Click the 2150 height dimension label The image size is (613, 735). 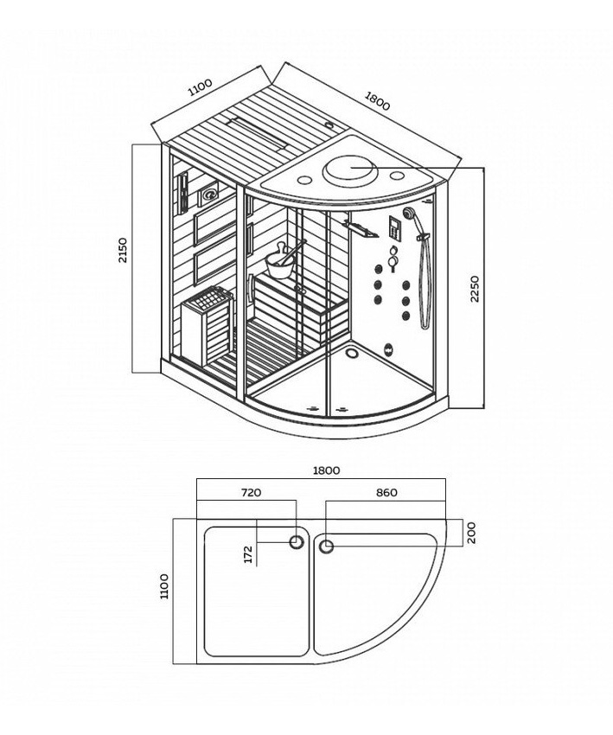tap(122, 251)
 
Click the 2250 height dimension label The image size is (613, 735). tap(475, 289)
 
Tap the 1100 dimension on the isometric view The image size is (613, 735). tap(200, 87)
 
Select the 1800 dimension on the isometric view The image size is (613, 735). tap(377, 101)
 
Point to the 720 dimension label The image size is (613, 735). tap(251, 493)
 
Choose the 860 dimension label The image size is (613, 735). tap(386, 493)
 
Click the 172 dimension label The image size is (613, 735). tap(248, 554)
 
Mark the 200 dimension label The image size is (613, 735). tap(471, 533)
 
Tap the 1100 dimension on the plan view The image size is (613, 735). tap(164, 586)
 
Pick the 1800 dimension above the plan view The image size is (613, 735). tap(326, 470)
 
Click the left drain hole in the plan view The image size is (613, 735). tap(297, 542)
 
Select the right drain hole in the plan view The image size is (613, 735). tap(326, 546)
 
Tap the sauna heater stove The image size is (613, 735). tap(208, 324)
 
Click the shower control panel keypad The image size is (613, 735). tap(394, 229)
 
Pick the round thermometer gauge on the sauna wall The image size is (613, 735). tap(209, 193)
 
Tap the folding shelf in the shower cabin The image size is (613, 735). tap(361, 230)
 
